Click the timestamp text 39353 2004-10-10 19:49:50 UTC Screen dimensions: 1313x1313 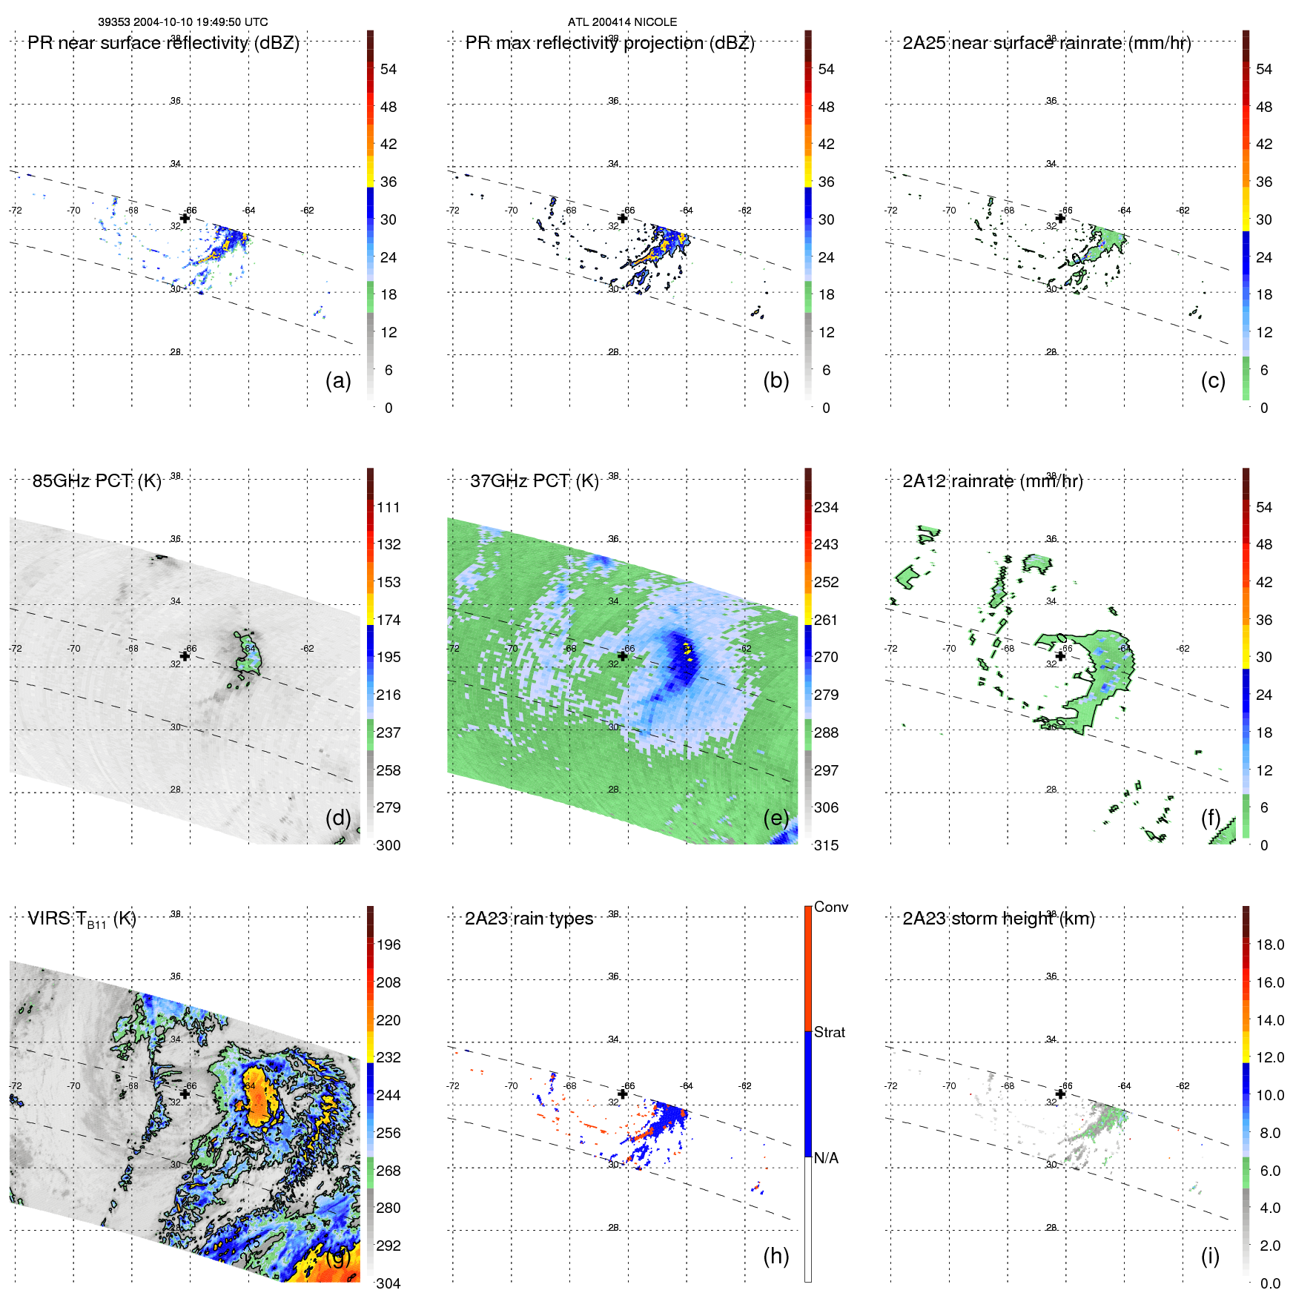[x=183, y=22]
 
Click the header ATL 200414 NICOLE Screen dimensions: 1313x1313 [x=622, y=22]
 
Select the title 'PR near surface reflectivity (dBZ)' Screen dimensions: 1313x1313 [x=163, y=43]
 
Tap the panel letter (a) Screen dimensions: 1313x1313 [x=338, y=380]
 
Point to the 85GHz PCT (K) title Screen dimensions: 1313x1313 [x=96, y=481]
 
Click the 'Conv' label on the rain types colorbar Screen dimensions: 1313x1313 [x=830, y=907]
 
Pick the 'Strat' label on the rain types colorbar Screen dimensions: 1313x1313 [x=829, y=1032]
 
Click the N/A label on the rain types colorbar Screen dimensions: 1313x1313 [x=826, y=1158]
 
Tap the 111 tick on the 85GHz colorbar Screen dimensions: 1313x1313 [x=388, y=507]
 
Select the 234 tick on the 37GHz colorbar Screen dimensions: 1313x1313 [x=826, y=507]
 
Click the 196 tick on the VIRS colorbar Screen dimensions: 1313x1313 [x=388, y=945]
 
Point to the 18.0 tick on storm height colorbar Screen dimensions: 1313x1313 [x=1269, y=945]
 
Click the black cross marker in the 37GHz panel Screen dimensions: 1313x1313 [x=623, y=656]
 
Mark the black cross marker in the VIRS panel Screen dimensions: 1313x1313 [x=185, y=1094]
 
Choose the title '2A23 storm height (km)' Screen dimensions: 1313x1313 [x=998, y=919]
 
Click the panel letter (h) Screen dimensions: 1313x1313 [x=775, y=1256]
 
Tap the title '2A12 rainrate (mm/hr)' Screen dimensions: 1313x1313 [x=992, y=481]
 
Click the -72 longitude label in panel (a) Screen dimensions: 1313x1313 [x=16, y=211]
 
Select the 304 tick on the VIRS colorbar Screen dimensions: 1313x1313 [x=388, y=1283]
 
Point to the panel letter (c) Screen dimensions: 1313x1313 [x=1213, y=380]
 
